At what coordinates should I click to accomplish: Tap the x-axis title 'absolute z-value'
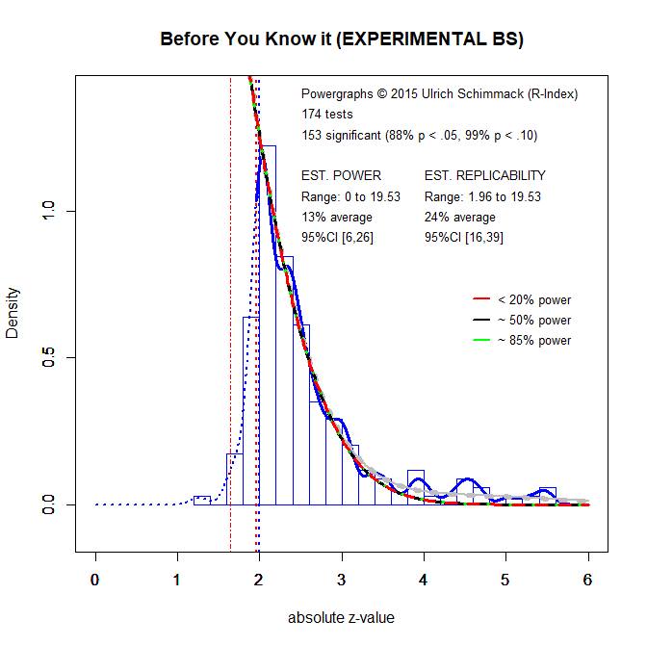click(x=342, y=618)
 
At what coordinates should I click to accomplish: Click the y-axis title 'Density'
click(x=13, y=314)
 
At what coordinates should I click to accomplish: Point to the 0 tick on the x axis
click(x=94, y=579)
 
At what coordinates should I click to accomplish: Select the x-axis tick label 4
click(x=424, y=579)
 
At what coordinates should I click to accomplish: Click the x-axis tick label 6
click(x=587, y=579)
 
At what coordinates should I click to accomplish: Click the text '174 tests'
click(x=327, y=115)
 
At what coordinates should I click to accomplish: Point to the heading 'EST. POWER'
click(x=341, y=175)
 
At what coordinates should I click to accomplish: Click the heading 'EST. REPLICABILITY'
click(x=484, y=175)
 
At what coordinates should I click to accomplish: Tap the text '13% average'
click(x=337, y=217)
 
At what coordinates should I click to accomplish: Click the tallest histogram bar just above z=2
click(x=268, y=327)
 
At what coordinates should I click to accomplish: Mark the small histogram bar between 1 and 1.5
click(x=202, y=500)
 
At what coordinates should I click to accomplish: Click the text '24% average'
click(x=459, y=217)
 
